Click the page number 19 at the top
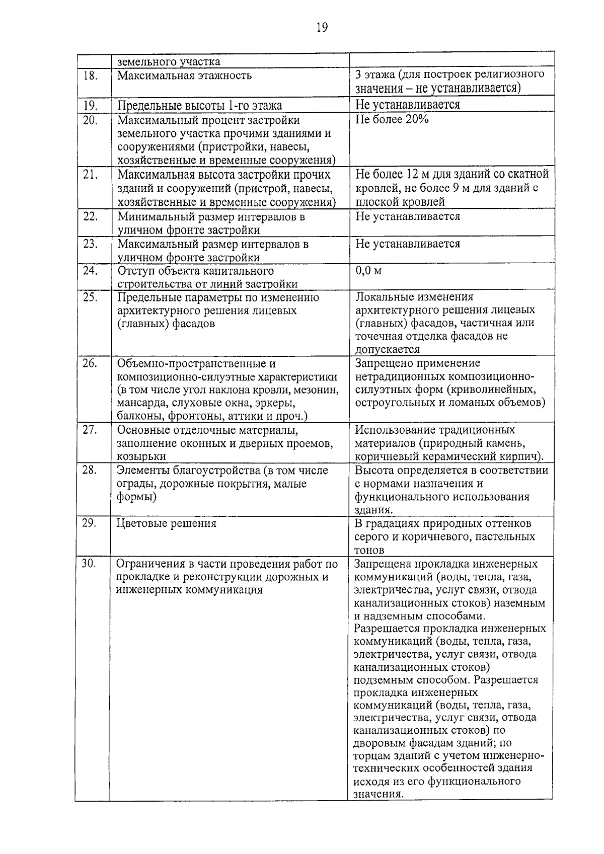pos(322,28)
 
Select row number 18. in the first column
pos(90,75)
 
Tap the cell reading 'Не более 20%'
pos(392,120)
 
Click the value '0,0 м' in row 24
pos(368,271)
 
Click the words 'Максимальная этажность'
pos(185,76)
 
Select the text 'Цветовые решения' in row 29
pos(166,523)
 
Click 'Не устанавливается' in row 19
pos(407,105)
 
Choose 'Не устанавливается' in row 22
pos(407,217)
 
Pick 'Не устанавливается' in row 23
pos(407,244)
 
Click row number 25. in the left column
pos(90,297)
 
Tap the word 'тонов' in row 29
pos(369,550)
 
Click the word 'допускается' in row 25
pos(387,349)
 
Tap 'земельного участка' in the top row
pos(169,62)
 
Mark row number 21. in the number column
pos(90,175)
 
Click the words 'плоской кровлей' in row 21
pos(400,202)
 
